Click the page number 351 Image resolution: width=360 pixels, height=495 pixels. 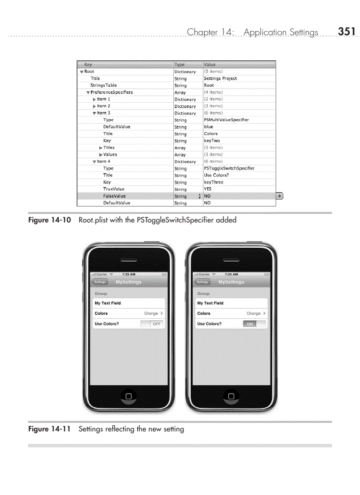click(347, 31)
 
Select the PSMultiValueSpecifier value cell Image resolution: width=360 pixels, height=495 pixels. click(226, 120)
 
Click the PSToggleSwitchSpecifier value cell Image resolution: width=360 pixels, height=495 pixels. click(229, 168)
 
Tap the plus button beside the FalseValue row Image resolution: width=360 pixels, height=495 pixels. click(279, 196)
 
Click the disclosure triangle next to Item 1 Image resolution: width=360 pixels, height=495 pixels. click(94, 100)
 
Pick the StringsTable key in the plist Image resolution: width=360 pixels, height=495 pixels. click(104, 86)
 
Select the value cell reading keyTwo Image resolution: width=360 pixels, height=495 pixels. click(212, 141)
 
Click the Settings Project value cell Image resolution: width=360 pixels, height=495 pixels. click(220, 78)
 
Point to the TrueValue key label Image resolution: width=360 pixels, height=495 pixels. click(114, 189)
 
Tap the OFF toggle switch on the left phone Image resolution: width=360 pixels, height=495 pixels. click(152, 324)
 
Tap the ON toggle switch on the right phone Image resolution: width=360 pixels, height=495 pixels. click(255, 324)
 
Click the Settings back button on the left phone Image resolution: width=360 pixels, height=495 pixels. click(100, 282)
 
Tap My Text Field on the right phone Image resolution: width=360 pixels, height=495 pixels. click(210, 303)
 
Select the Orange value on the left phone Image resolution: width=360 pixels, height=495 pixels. click(151, 313)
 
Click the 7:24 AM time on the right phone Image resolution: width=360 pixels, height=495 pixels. click(231, 274)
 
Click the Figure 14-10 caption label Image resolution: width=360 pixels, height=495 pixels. click(49, 220)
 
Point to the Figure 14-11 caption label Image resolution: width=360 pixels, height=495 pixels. click(49, 429)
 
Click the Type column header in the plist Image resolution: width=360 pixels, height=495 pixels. click(180, 64)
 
